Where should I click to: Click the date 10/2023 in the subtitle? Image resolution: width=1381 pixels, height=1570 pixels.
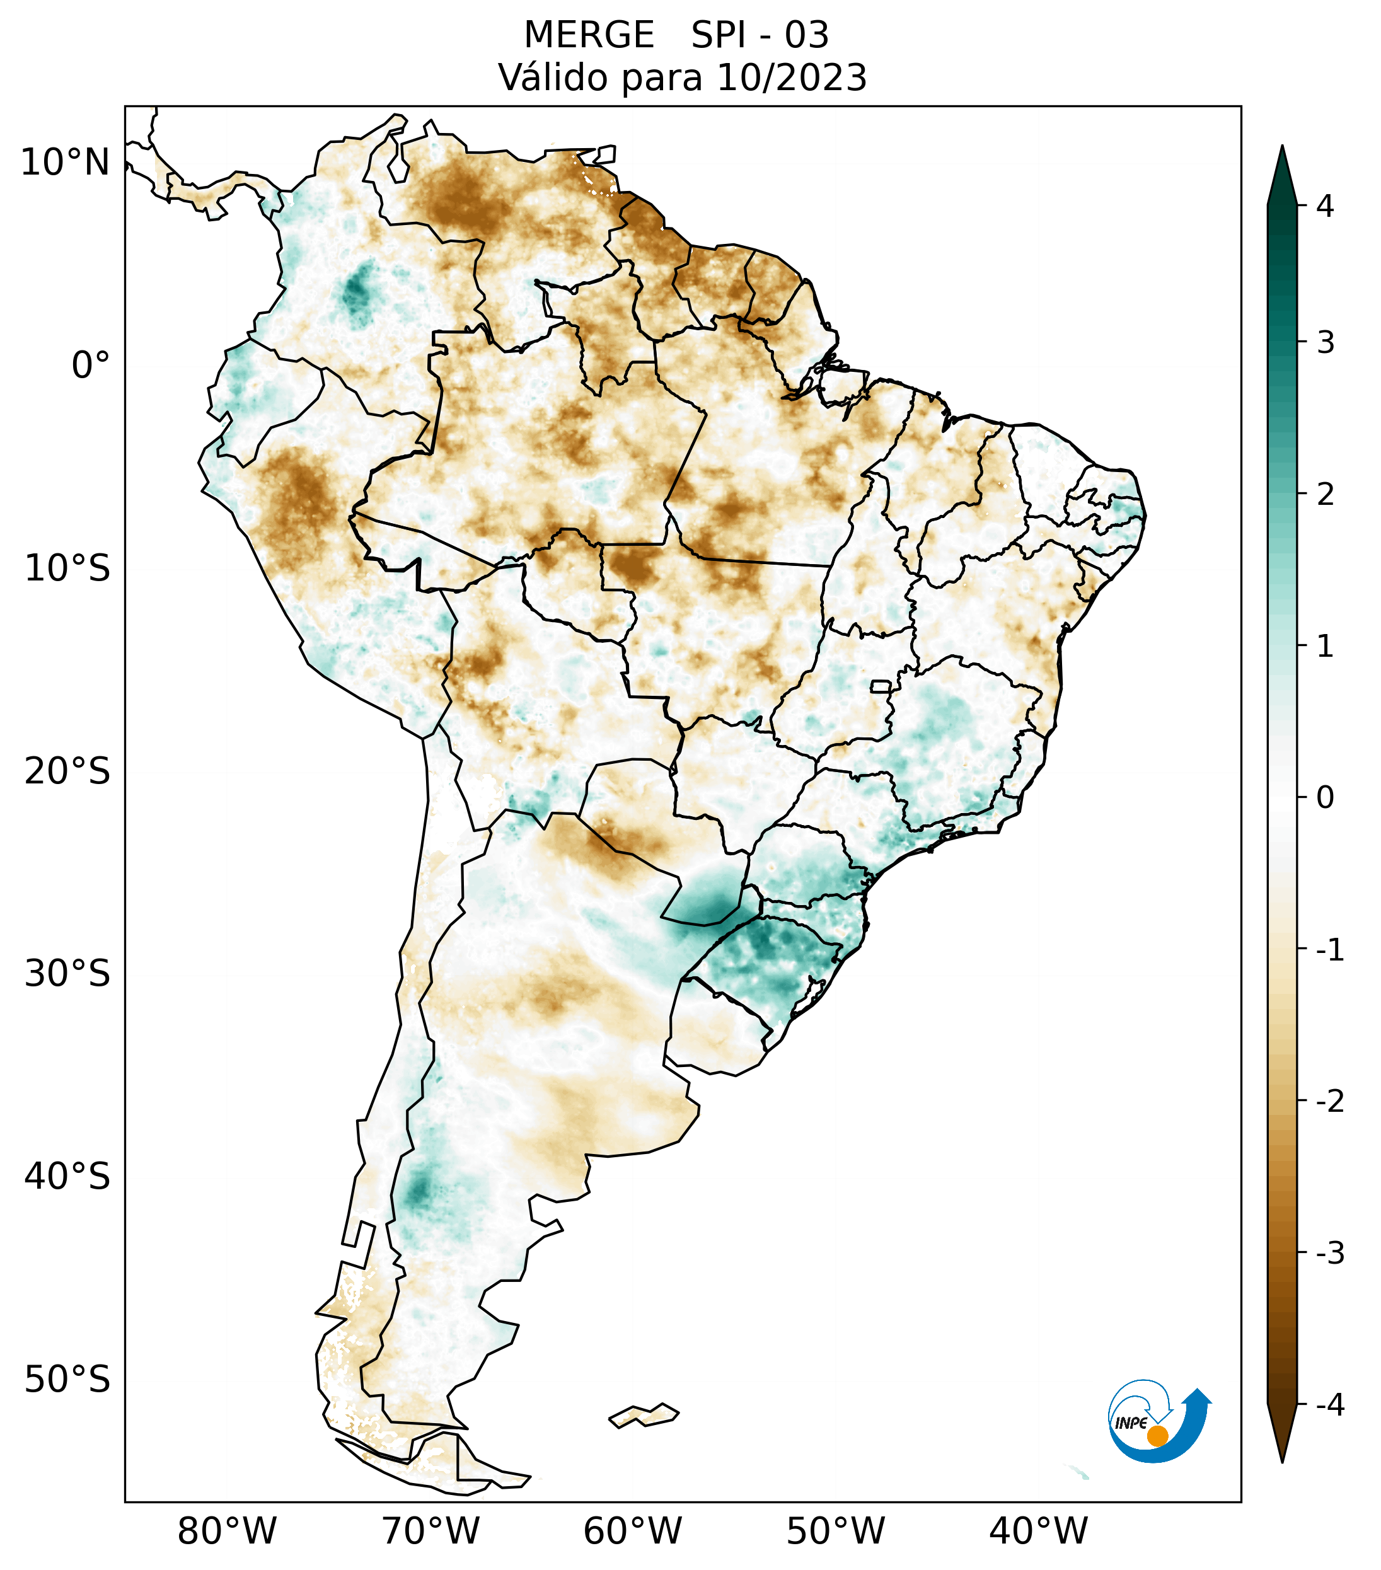(x=791, y=78)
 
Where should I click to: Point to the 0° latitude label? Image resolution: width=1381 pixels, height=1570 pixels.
(x=91, y=366)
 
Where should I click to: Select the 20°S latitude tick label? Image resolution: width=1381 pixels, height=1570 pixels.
(x=67, y=771)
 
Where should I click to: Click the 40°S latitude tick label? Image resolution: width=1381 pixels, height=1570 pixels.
(x=67, y=1177)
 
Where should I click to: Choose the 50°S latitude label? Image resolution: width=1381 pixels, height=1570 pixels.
(x=67, y=1380)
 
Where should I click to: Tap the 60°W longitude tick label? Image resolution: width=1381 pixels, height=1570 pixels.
(x=632, y=1532)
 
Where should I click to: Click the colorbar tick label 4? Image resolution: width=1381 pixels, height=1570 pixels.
(x=1325, y=206)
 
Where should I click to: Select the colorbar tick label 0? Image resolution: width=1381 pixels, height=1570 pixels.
(x=1325, y=798)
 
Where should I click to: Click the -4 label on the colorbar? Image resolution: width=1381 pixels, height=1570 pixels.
(x=1329, y=1405)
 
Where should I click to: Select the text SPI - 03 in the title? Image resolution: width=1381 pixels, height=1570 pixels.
(x=760, y=35)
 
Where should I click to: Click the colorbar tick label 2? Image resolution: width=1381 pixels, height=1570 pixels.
(x=1325, y=495)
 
